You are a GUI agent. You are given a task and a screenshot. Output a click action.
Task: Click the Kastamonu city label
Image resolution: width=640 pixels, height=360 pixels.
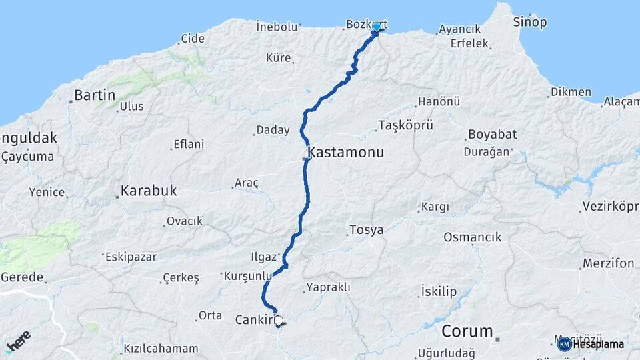click(x=347, y=153)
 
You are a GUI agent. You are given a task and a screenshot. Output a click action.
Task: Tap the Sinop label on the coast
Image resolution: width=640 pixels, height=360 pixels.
click(x=530, y=22)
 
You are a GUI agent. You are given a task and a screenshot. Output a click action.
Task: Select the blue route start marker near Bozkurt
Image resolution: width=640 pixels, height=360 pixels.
click(x=377, y=27)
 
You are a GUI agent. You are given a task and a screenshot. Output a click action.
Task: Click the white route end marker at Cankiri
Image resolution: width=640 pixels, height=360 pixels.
click(x=279, y=320)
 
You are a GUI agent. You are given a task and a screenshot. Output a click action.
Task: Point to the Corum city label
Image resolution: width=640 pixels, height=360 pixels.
click(x=467, y=331)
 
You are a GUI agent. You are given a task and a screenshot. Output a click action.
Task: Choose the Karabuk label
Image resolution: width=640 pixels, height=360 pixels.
click(x=148, y=191)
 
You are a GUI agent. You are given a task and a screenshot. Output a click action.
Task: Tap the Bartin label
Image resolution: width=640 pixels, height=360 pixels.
click(x=95, y=95)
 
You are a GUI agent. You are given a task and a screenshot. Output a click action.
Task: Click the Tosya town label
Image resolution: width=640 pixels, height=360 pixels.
click(x=366, y=230)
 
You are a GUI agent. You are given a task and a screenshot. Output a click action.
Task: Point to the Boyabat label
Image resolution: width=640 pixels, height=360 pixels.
click(x=492, y=134)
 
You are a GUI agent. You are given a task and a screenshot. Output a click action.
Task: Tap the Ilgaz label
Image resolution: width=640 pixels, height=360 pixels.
click(x=262, y=257)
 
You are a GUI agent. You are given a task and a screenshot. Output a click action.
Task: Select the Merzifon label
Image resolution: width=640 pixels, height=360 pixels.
click(x=608, y=263)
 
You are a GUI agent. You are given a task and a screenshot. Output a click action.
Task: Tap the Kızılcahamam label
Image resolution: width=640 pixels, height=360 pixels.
click(x=161, y=348)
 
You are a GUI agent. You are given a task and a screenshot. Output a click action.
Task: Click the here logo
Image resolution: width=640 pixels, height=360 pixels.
click(x=18, y=341)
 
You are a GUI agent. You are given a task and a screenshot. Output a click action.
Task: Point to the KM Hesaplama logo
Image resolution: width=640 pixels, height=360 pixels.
click(x=591, y=344)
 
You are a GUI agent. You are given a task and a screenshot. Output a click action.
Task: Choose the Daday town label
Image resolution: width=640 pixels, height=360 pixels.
click(x=273, y=130)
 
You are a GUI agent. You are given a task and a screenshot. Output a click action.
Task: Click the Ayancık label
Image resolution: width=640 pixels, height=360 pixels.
click(x=459, y=29)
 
